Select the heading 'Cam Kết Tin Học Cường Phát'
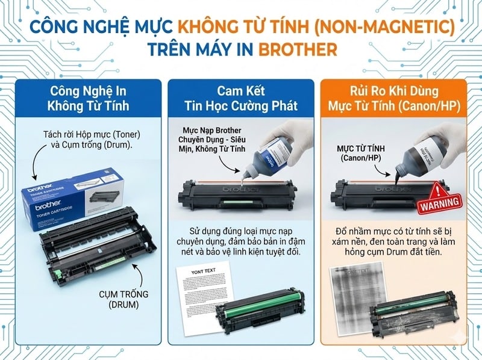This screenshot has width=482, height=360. [241, 98]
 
